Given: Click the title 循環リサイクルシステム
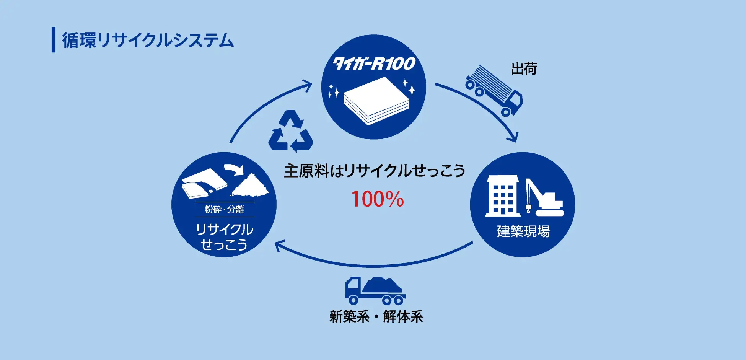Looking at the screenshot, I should [148, 40].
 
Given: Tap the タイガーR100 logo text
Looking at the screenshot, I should [374, 64].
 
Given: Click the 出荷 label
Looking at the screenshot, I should [524, 69].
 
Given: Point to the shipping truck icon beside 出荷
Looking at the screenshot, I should [494, 91].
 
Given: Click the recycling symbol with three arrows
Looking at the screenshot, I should [291, 131].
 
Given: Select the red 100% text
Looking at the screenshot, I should [377, 199].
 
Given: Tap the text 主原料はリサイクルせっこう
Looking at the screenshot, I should [374, 171].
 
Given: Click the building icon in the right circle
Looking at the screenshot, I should [502, 196].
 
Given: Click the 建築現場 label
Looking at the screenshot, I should [523, 231].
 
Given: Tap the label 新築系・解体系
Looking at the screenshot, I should [376, 317].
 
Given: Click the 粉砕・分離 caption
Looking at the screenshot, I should [224, 209].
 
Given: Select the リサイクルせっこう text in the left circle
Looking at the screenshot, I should [224, 237].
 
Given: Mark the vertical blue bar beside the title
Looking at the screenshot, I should [54, 39].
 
